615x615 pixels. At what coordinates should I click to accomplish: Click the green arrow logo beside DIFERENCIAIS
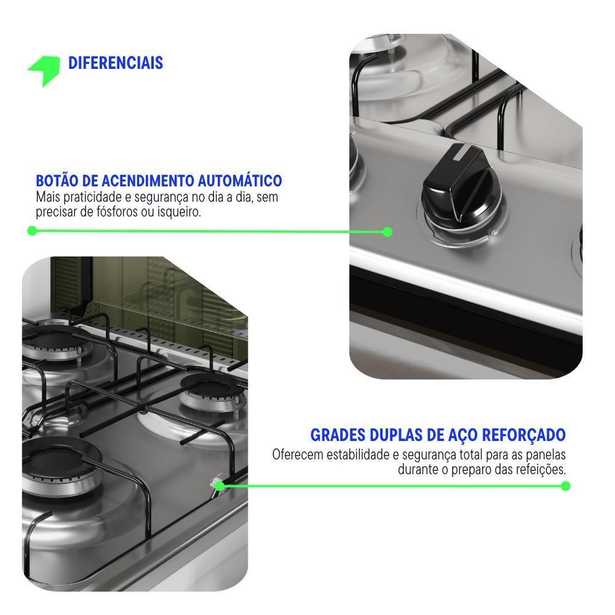coord(45,70)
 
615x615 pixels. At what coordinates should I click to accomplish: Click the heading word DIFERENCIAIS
coord(116,63)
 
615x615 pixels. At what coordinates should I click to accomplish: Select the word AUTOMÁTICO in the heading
coord(240,181)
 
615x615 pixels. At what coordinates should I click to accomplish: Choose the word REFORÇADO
coord(523,435)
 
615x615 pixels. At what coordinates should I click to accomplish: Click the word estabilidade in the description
coord(359,454)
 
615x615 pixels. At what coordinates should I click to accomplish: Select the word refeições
coord(541,469)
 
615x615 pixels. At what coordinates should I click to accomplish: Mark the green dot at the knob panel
coord(387,232)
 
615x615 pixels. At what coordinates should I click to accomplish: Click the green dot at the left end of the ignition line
coord(32,231)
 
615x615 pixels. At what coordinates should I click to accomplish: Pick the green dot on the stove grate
coord(220,486)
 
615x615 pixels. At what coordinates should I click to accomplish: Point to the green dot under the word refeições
coord(566,486)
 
